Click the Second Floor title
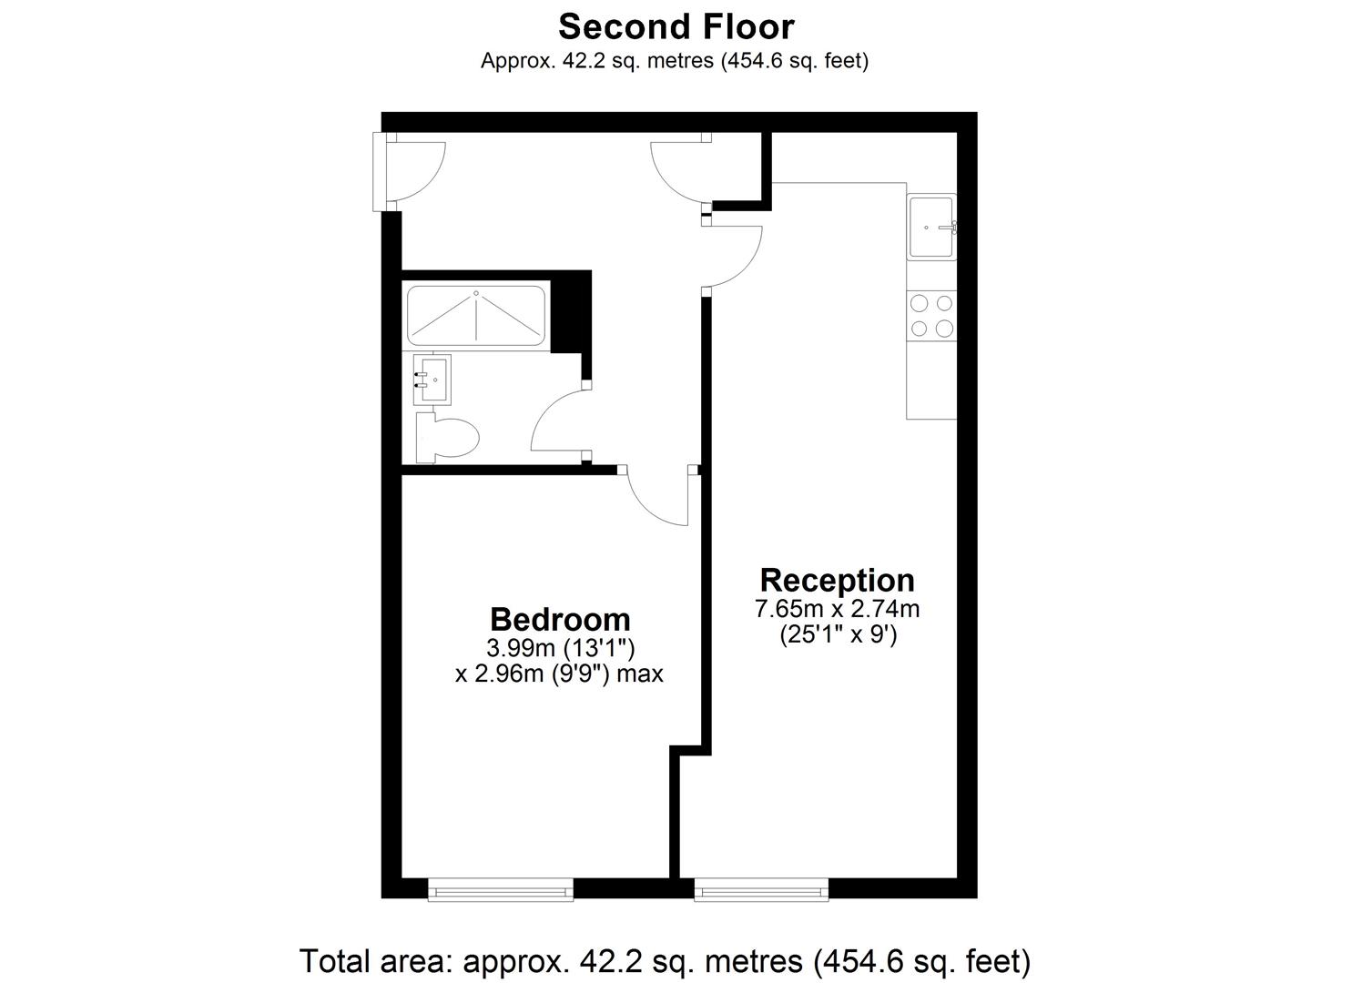[676, 27]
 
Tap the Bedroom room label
[560, 619]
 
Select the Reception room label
[837, 580]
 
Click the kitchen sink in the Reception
[930, 228]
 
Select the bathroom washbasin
[432, 379]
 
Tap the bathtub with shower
[476, 316]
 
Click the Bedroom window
[501, 889]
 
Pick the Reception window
[761, 889]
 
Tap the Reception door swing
[734, 255]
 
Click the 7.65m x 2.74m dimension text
[837, 609]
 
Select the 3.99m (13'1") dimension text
[560, 648]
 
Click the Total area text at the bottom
[665, 960]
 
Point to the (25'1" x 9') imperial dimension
[838, 634]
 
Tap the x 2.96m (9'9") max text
[559, 674]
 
